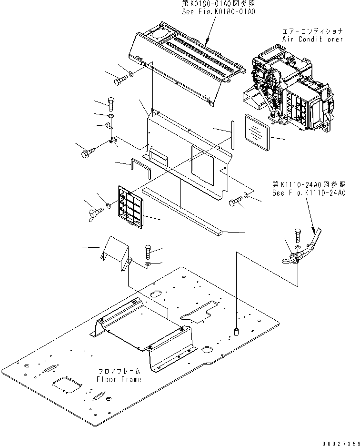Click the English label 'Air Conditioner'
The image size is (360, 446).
(312, 39)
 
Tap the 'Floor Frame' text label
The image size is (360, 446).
(119, 379)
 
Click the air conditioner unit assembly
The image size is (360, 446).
(290, 93)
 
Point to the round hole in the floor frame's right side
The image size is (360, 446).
(207, 349)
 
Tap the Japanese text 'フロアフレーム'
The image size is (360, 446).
(119, 371)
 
